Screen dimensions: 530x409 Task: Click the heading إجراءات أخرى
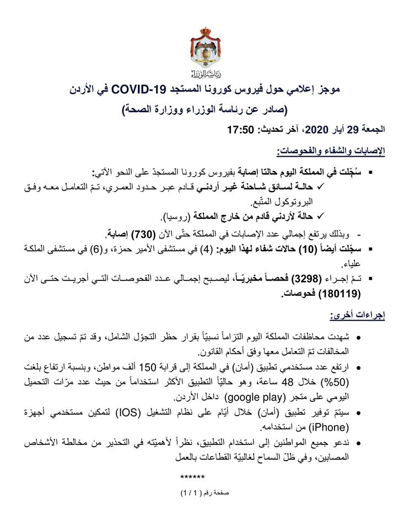point(362,316)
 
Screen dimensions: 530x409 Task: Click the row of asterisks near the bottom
point(192,475)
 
